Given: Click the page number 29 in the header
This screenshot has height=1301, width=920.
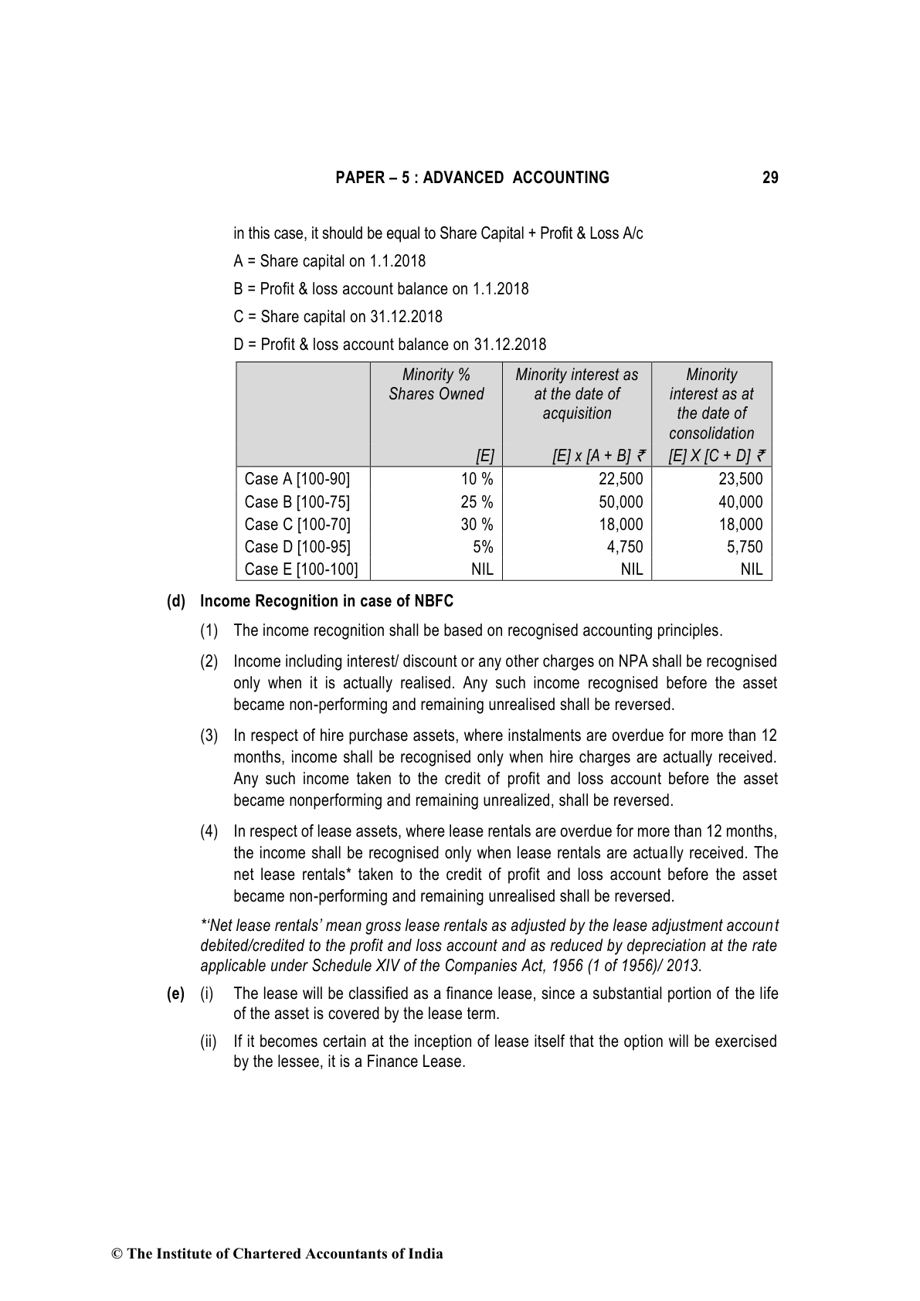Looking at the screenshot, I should pos(769,178).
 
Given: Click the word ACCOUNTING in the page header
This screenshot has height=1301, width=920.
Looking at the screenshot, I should pos(561,178).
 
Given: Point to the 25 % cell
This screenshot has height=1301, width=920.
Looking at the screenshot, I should pos(477,501).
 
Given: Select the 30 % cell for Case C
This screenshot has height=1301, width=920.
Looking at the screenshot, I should pos(477,524).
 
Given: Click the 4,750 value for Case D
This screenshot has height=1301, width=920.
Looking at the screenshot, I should pos(625,546).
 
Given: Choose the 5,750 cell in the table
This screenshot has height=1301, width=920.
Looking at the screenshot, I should pos(745,546).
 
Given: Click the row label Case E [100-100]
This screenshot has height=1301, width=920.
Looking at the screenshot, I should pos(301,569).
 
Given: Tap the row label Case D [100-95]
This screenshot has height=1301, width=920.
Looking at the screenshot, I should pos(297,546).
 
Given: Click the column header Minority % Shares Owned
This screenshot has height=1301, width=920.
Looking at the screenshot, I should pos(436,384).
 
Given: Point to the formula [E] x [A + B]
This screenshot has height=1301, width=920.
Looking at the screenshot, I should pos(591,457).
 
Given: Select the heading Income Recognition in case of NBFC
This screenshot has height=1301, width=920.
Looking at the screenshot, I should pos(327,601).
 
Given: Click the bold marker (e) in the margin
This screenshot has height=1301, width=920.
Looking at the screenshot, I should pos(175,994).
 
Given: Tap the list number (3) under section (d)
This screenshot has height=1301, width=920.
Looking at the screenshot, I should pos(209,735).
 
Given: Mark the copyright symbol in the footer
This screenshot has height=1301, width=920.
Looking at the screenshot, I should pos(117,1254).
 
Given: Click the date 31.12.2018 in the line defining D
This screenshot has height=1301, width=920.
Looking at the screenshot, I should pos(510,345).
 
